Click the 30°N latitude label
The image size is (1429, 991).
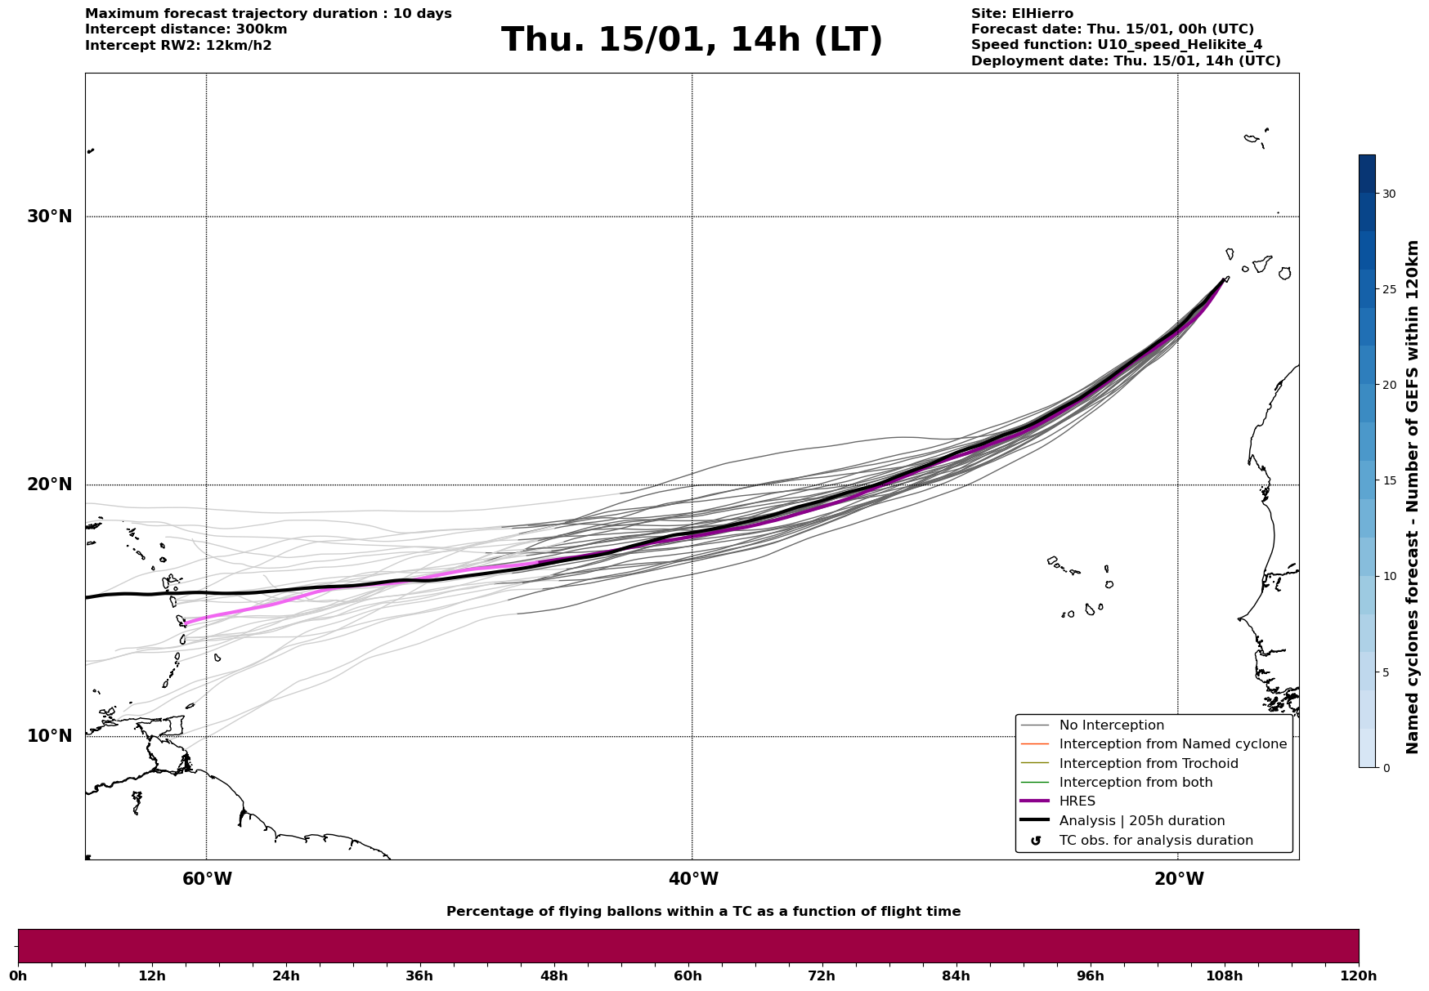(49, 217)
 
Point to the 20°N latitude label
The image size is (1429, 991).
(49, 484)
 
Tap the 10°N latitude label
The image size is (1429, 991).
(49, 736)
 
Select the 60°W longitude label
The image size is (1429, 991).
(207, 879)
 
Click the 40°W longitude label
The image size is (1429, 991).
(693, 879)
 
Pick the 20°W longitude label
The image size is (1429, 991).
(1179, 879)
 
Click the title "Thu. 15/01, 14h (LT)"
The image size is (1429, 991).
(692, 40)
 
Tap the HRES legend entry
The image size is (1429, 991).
(1077, 801)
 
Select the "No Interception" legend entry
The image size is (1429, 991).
(1111, 725)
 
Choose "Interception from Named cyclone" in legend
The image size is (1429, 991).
(1172, 744)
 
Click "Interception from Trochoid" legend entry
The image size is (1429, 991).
(1148, 764)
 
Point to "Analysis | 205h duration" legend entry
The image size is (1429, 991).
(1141, 821)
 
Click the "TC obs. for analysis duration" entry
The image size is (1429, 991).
(1155, 841)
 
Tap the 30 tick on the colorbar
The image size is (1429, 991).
(1389, 194)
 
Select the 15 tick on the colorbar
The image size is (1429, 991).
(1389, 480)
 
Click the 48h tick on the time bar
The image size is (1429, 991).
(553, 975)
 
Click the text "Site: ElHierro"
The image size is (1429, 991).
(1022, 14)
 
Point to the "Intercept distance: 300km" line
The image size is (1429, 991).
(186, 29)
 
